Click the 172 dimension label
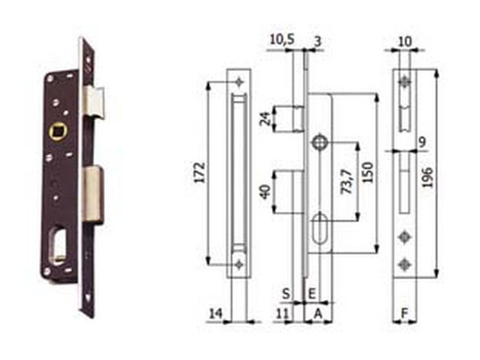point(200,173)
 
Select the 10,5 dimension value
point(282,40)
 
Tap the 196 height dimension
point(427,177)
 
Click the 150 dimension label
point(368,172)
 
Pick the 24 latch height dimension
point(265,119)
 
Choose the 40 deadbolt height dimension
point(265,192)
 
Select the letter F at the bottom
point(405,313)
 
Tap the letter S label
point(286,294)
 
